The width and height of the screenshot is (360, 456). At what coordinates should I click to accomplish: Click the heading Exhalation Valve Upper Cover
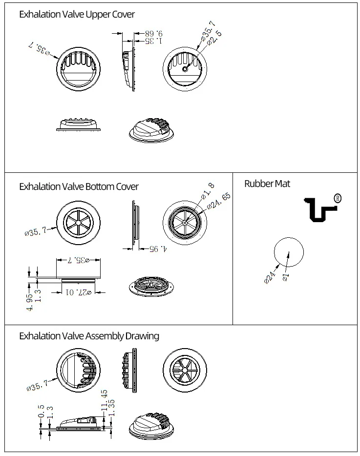[77, 15]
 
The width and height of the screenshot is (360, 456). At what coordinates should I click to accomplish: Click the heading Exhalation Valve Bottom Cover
[79, 187]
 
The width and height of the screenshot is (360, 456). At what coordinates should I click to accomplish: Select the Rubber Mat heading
[267, 184]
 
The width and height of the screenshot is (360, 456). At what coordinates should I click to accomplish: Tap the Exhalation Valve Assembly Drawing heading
[89, 336]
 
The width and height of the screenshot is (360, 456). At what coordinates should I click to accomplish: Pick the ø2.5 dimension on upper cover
[214, 38]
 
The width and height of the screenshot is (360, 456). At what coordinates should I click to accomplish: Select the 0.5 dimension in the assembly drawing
[41, 411]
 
